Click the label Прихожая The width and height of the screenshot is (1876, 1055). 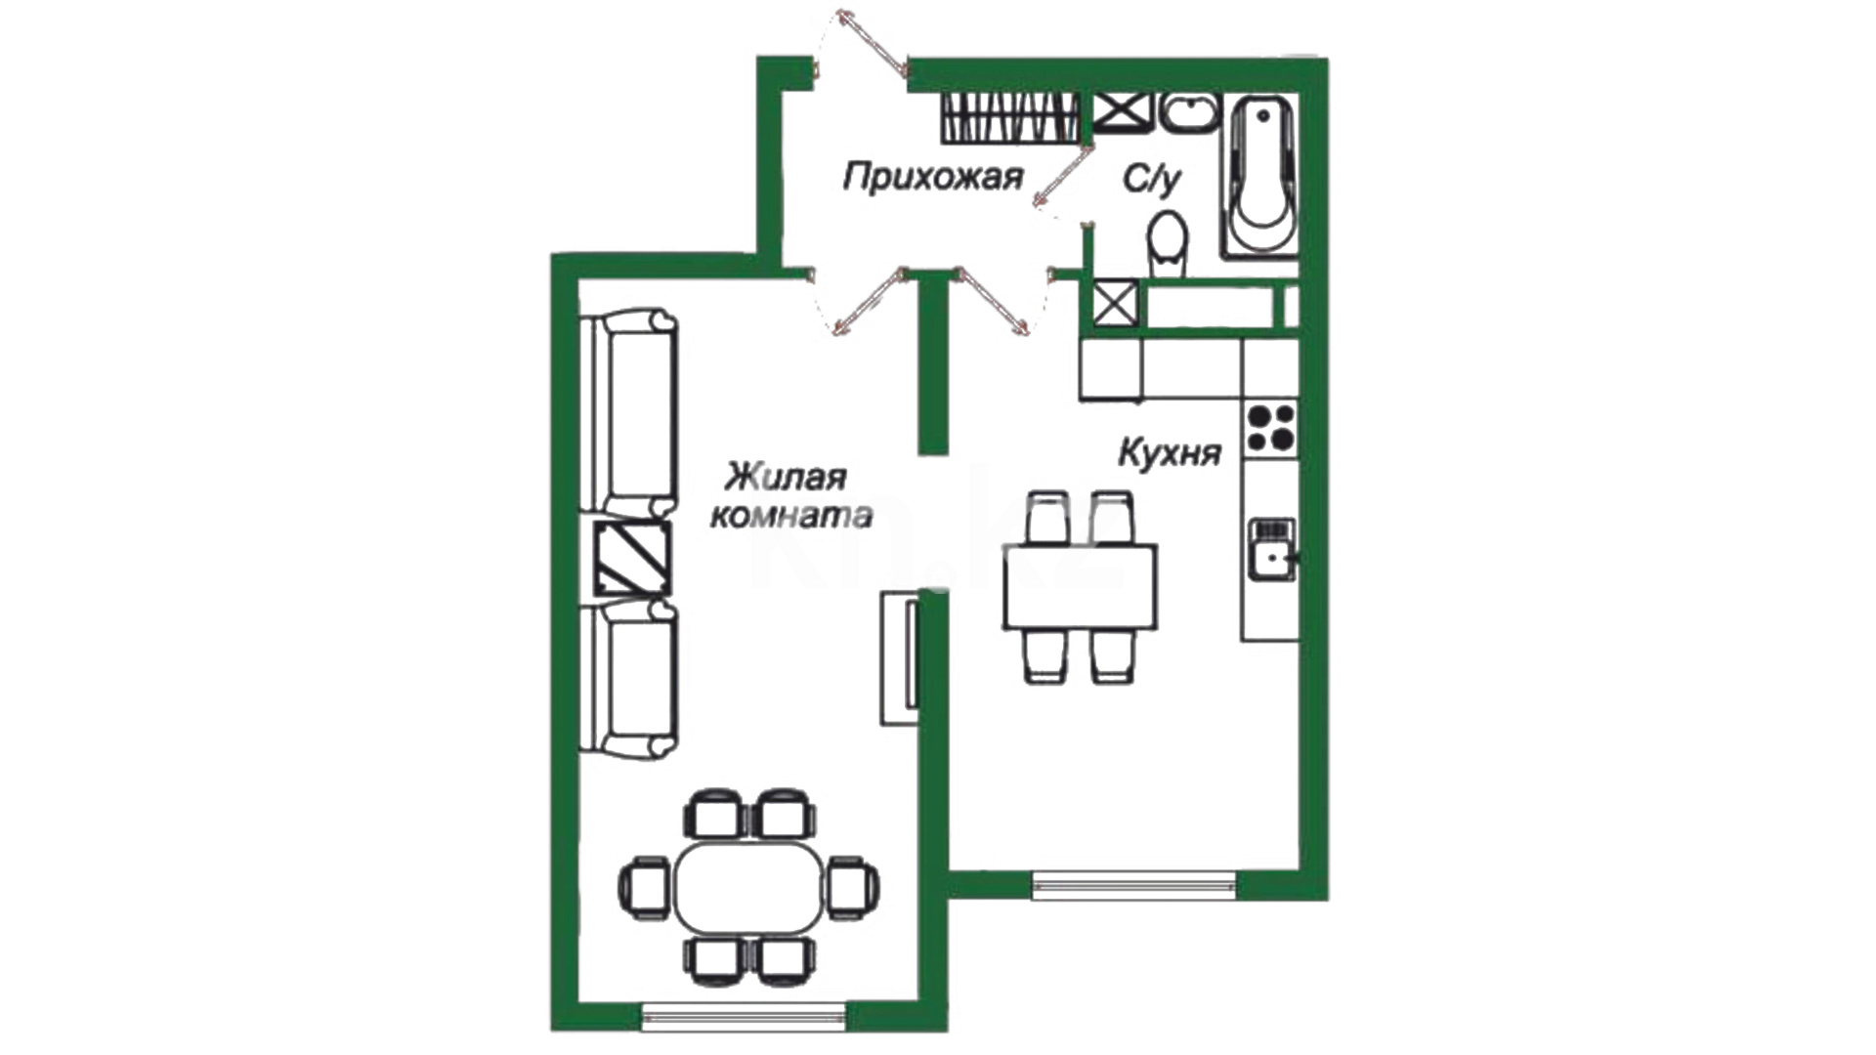[x=933, y=178]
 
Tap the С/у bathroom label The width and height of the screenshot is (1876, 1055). [x=1152, y=179]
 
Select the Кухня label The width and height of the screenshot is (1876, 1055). [x=1170, y=453]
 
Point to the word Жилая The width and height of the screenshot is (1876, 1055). [x=785, y=478]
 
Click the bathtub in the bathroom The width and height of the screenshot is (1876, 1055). [x=1261, y=176]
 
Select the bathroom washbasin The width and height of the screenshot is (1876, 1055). [x=1189, y=113]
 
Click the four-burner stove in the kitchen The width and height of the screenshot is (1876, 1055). [x=1271, y=429]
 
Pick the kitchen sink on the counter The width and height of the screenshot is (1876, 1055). [x=1271, y=549]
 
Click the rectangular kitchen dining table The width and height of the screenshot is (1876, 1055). [x=1081, y=586]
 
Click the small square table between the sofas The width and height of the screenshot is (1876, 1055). [x=633, y=558]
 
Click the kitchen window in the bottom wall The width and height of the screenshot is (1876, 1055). [x=1134, y=885]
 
